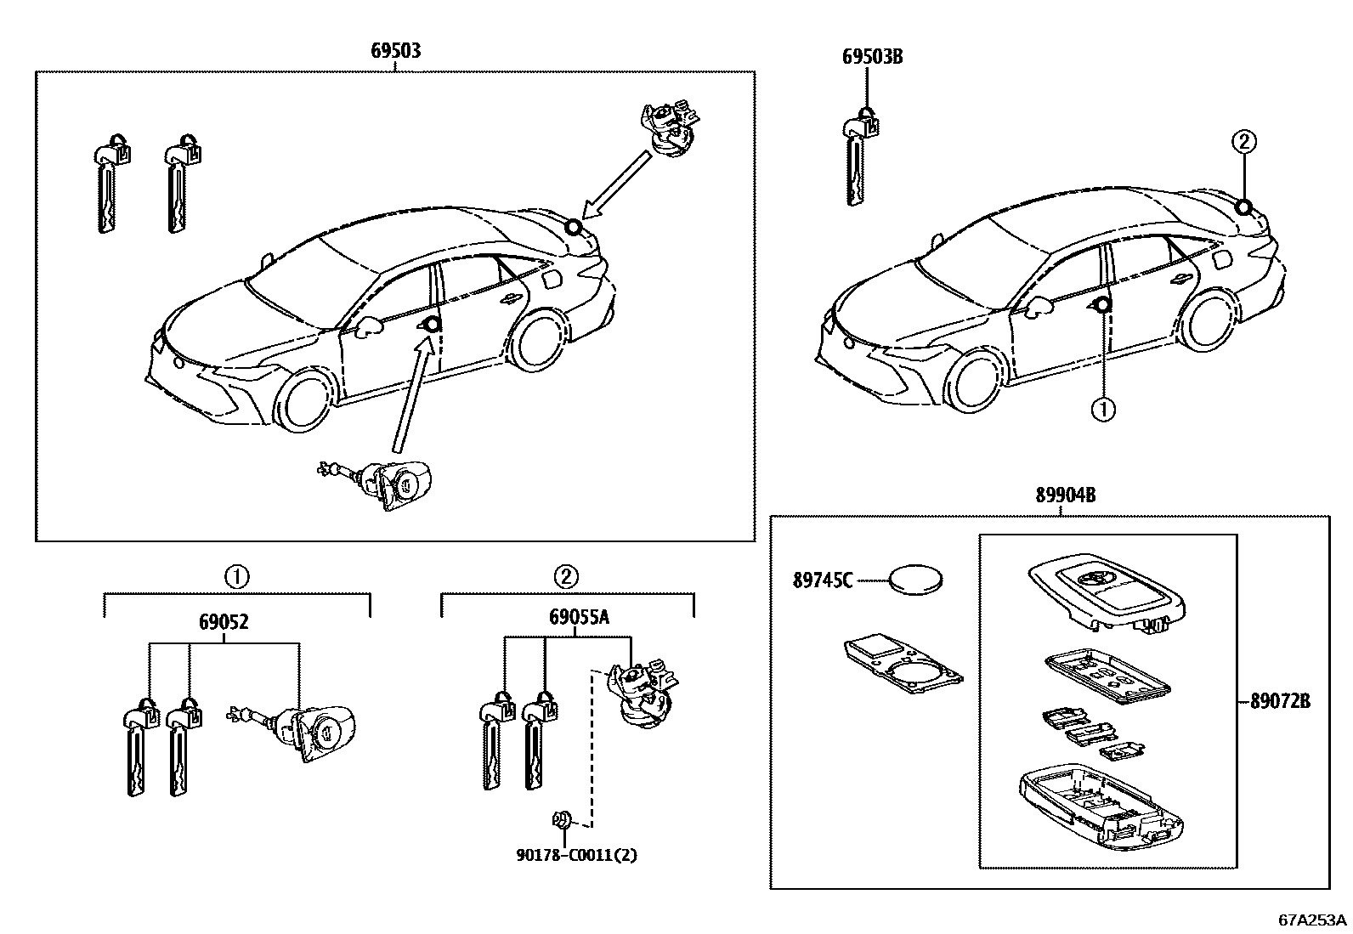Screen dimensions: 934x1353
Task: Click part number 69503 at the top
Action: click(395, 51)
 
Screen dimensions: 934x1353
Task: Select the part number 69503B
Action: click(871, 57)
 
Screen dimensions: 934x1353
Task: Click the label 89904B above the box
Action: click(1064, 495)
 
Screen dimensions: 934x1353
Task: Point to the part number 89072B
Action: click(1280, 702)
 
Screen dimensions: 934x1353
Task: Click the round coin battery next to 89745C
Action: click(916, 582)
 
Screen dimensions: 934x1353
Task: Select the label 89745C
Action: click(822, 581)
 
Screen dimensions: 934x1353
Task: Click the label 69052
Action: click(224, 622)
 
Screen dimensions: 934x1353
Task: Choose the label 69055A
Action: click(579, 618)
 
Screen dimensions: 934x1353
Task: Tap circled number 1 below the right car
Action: click(1102, 411)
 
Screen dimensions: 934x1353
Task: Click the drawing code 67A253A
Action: click(1312, 920)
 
